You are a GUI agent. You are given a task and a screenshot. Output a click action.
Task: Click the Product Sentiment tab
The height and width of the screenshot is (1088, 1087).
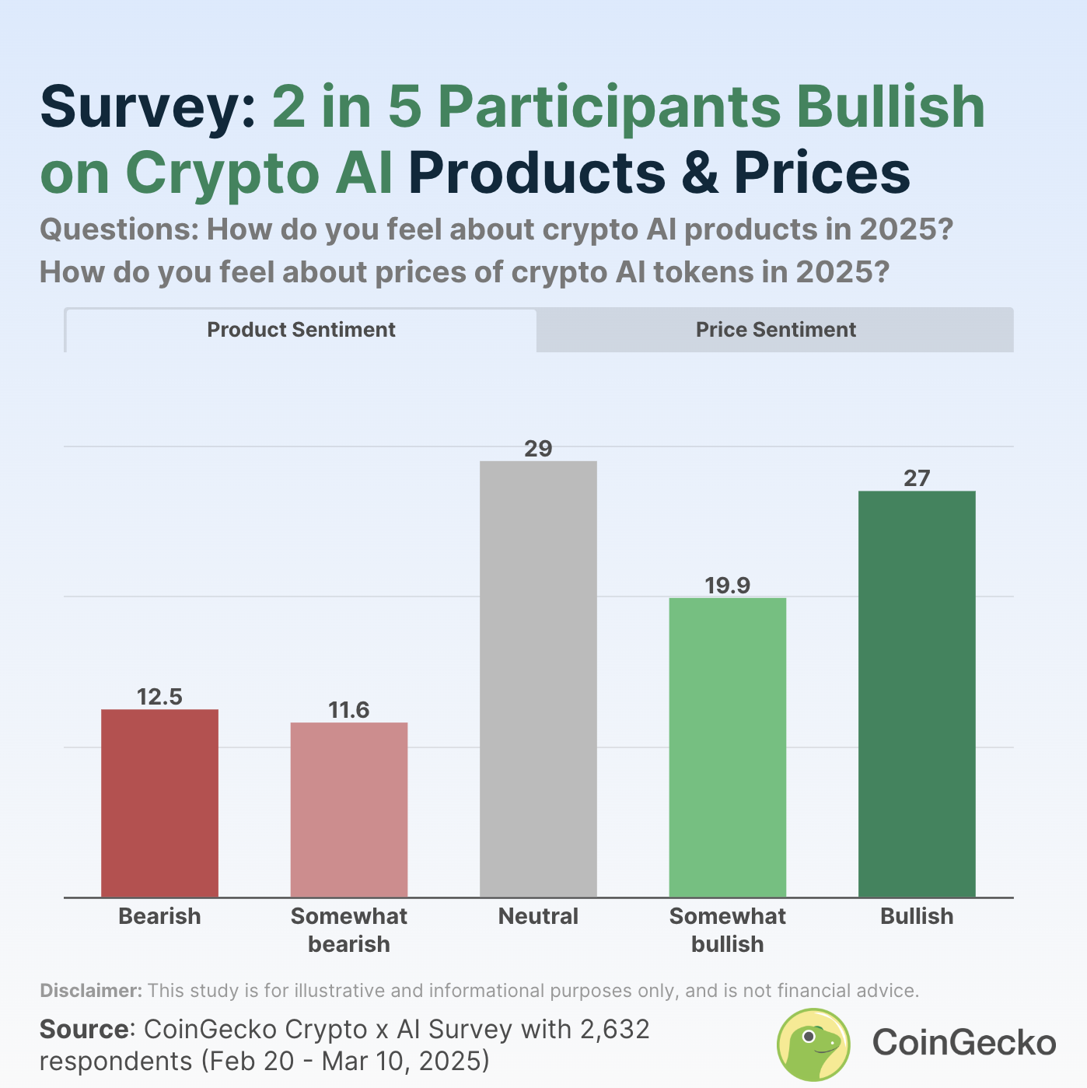(x=301, y=330)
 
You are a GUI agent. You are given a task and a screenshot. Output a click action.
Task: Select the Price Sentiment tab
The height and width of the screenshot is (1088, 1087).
(x=775, y=330)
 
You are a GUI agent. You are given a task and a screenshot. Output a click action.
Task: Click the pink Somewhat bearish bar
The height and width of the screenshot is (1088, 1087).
(x=349, y=810)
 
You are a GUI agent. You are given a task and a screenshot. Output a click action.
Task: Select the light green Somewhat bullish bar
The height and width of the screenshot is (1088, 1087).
(x=728, y=747)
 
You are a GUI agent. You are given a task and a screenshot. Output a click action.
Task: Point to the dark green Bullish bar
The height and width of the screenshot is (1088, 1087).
(x=917, y=694)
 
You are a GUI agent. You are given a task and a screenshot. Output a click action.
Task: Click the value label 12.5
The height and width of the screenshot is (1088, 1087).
(x=159, y=697)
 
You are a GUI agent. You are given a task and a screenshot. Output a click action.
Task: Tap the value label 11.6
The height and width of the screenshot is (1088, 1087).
(x=349, y=710)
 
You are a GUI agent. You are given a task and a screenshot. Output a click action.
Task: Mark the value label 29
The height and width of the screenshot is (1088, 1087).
(x=538, y=449)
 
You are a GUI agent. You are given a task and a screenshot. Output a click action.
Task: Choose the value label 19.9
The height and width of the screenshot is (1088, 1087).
(x=728, y=586)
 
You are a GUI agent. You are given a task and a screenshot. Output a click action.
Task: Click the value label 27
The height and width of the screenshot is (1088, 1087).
(x=917, y=478)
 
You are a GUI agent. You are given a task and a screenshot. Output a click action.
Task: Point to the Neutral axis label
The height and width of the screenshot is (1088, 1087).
(x=538, y=916)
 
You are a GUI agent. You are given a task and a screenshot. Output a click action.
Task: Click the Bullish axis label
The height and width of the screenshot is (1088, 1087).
(x=917, y=916)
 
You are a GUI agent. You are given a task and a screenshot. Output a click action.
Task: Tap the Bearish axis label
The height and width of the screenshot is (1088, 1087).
(x=159, y=916)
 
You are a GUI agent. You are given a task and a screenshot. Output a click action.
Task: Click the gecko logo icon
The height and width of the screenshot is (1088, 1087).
(x=813, y=1044)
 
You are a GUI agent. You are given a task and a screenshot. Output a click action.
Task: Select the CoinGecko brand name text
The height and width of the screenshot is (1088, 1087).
(x=964, y=1043)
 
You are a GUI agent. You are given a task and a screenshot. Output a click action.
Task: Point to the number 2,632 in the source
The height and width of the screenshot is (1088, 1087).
(x=614, y=1030)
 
